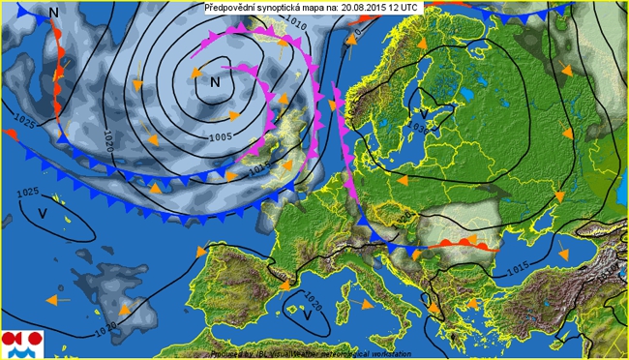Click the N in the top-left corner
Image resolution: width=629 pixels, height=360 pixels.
point(53,12)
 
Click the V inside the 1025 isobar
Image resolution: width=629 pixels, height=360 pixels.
point(42,212)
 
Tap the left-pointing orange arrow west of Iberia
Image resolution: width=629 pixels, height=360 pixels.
point(58,300)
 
